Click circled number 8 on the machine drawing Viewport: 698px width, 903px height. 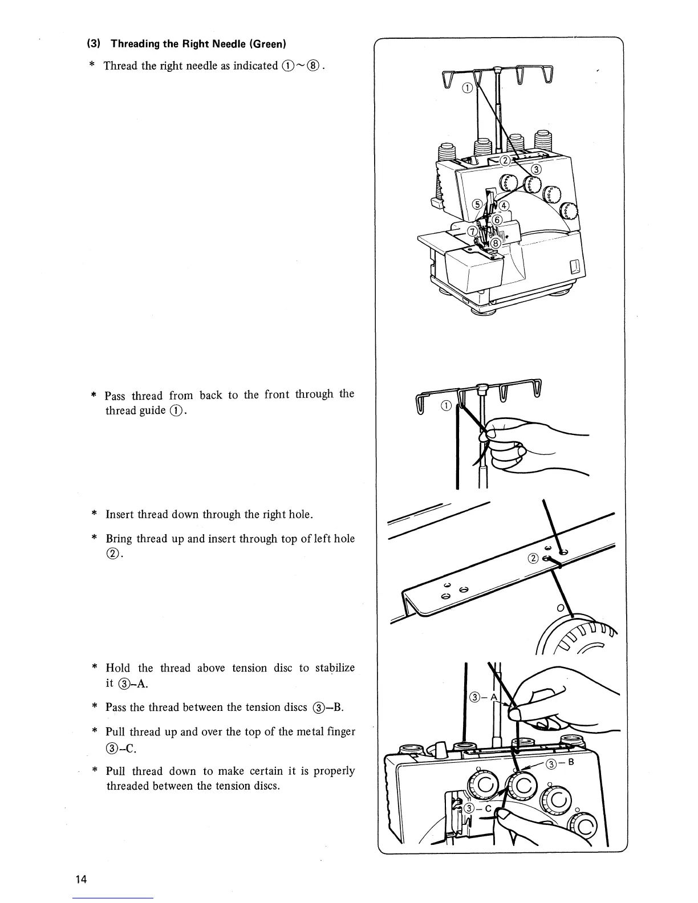click(496, 243)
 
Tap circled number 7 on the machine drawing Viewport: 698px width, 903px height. click(472, 231)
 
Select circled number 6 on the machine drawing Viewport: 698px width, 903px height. click(497, 220)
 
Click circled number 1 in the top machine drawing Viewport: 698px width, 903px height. click(466, 87)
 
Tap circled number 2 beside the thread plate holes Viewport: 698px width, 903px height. click(534, 559)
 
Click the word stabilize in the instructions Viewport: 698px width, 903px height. click(335, 668)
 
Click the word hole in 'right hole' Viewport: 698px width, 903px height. click(299, 514)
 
